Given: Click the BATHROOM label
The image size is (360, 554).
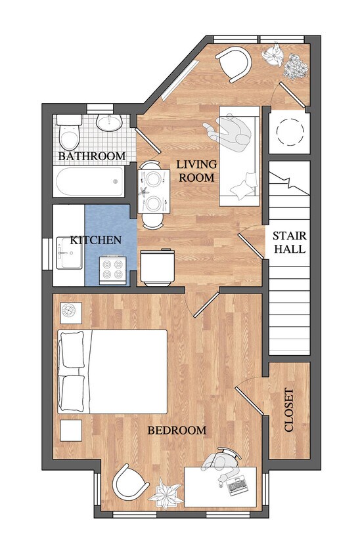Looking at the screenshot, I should pos(91,156).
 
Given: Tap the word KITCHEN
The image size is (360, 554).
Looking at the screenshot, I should pos(96,240).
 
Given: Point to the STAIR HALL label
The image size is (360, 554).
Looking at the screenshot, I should pos(289,242).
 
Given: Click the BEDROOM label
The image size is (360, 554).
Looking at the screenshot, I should pos(176,431).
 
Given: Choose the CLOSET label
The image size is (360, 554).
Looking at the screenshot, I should pos(289,410).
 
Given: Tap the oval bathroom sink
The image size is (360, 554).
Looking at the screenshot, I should pos(107,123).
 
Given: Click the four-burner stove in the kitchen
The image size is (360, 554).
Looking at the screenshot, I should pos(113,270).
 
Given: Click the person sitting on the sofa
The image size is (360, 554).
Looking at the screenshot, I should pos(232,132).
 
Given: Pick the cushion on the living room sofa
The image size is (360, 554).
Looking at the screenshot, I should pos(242,185).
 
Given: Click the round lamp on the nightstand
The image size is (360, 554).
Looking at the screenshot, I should pos(70,310).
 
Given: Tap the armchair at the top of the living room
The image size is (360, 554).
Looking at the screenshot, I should pos(235,63).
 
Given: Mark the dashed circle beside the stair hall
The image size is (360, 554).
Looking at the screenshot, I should pos(289,133).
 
